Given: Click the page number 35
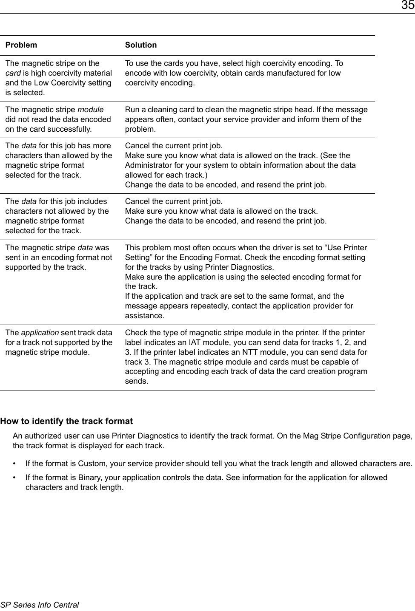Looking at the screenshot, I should pyautogui.click(x=407, y=6).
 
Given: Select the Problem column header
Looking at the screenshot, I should pyautogui.click(x=21, y=45).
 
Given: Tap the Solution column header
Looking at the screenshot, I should pyautogui.click(x=140, y=45).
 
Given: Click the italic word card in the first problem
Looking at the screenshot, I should pyautogui.click(x=13, y=73).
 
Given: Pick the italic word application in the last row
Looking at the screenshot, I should pyautogui.click(x=40, y=333).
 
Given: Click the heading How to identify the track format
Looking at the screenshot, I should pyautogui.click(x=66, y=421).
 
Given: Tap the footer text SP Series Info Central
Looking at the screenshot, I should pyautogui.click(x=40, y=605).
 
